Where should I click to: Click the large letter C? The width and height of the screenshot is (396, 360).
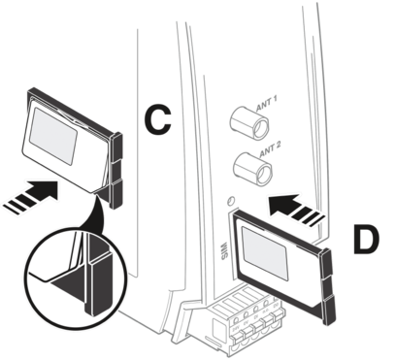(x=157, y=121)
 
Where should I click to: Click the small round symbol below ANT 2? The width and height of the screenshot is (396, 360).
(x=230, y=202)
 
